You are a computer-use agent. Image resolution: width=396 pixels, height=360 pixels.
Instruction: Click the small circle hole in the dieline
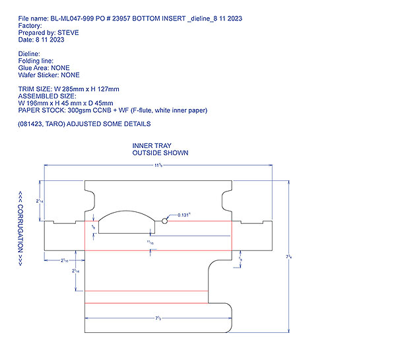pos(165,220)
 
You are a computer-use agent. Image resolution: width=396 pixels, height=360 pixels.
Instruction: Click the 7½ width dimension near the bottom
pos(158,319)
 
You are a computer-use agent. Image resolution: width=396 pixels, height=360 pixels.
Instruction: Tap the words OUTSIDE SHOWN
pos(160,153)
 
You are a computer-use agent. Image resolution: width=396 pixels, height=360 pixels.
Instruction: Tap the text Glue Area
pos(32,68)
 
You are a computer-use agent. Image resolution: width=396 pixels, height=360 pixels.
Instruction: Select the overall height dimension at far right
pos(289,255)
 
